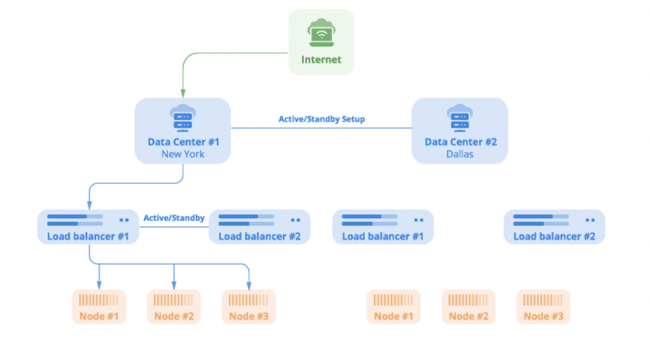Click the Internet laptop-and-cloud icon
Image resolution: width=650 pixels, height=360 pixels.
coord(320,32)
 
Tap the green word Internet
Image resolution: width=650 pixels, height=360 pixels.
coord(321,60)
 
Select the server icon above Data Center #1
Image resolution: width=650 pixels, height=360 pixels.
coord(183,118)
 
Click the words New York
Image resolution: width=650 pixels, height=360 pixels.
coord(183,154)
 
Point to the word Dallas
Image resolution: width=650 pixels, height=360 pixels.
coord(460,154)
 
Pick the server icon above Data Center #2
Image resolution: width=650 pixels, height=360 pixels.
coord(460,118)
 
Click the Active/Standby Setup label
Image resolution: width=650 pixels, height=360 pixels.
coord(321,119)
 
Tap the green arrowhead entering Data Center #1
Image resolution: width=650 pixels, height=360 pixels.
coord(183,94)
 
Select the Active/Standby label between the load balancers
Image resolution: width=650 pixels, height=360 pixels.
coord(173,218)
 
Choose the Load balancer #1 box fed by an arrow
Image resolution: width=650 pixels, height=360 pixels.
coord(88,227)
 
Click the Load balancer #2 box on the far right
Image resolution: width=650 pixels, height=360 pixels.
coord(554,227)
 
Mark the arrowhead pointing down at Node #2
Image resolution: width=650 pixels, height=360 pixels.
coord(173,286)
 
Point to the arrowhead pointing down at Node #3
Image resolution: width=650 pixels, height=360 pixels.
coord(249,286)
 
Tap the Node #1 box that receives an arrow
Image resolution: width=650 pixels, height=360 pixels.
coord(99,306)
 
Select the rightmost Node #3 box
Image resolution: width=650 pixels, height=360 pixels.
coord(543,306)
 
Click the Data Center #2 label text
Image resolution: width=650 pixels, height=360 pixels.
coord(460,142)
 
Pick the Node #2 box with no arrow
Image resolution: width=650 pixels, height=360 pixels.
coord(468,306)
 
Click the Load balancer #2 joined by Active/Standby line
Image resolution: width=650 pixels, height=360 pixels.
coord(259,227)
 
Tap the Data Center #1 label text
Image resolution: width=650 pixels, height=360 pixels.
coord(183,142)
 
